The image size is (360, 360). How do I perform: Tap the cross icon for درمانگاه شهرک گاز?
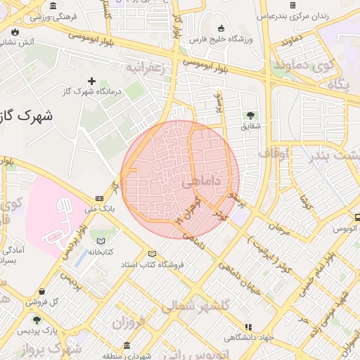click(x=91, y=82)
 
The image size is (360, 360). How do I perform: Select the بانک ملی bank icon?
click(x=98, y=199)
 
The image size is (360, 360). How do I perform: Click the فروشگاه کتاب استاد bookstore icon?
click(x=153, y=254)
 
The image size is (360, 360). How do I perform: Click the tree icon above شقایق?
click(x=250, y=115)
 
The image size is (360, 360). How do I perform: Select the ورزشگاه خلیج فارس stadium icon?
click(x=221, y=29)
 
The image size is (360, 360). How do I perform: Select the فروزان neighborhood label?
click(x=127, y=324)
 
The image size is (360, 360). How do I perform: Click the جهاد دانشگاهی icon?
click(x=248, y=327)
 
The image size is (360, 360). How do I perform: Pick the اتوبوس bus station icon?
click(x=356, y=218)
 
